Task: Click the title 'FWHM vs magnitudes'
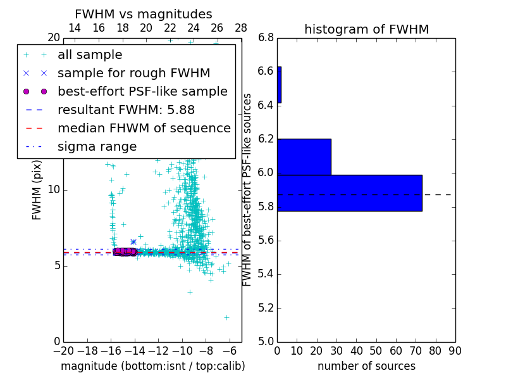pyautogui.click(x=143, y=15)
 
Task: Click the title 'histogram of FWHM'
pyautogui.click(x=366, y=30)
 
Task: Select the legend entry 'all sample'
pyautogui.click(x=90, y=55)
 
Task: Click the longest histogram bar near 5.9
pyautogui.click(x=349, y=193)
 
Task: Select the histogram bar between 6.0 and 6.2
pyautogui.click(x=304, y=156)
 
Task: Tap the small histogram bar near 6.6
pyautogui.click(x=279, y=85)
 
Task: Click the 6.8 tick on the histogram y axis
pyautogui.click(x=266, y=38)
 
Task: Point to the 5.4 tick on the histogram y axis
pyautogui.click(x=266, y=274)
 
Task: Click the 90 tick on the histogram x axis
pyautogui.click(x=454, y=351)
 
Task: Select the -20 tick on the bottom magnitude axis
pyautogui.click(x=63, y=351)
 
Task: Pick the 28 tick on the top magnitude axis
pyautogui.click(x=241, y=28)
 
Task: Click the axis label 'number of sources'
pyautogui.click(x=366, y=366)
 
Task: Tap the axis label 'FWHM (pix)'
pyautogui.click(x=37, y=190)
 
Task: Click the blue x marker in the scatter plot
pyautogui.click(x=133, y=241)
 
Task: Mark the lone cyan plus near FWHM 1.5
pyautogui.click(x=226, y=317)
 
